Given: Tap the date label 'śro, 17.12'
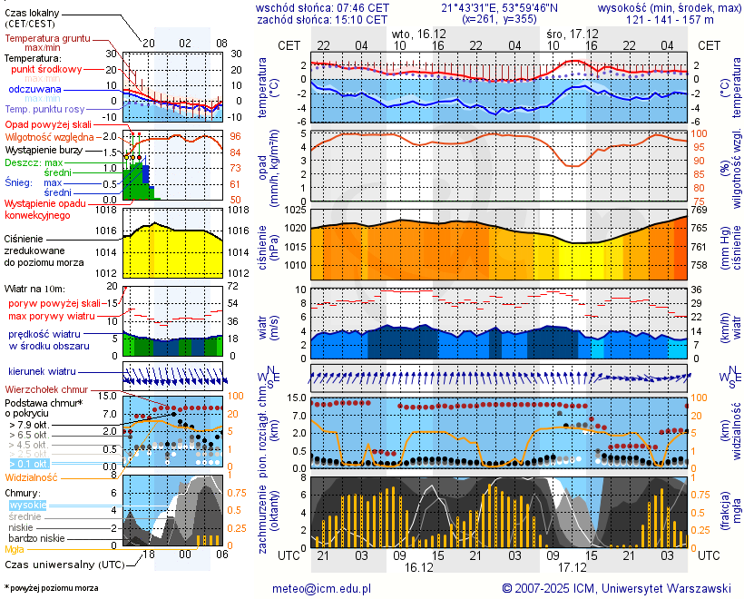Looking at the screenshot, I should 572,33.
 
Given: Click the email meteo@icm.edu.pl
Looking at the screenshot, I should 322,588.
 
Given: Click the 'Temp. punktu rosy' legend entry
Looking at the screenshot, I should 44,109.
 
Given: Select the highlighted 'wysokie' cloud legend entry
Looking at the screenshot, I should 26,505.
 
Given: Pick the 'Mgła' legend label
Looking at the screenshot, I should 15,549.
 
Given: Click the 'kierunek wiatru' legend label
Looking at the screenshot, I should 42,371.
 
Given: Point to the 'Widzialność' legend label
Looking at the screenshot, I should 32,476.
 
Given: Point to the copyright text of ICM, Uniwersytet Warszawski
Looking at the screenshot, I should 617,588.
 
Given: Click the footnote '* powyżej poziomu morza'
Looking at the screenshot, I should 51,588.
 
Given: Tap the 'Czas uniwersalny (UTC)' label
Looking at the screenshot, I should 60,564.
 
